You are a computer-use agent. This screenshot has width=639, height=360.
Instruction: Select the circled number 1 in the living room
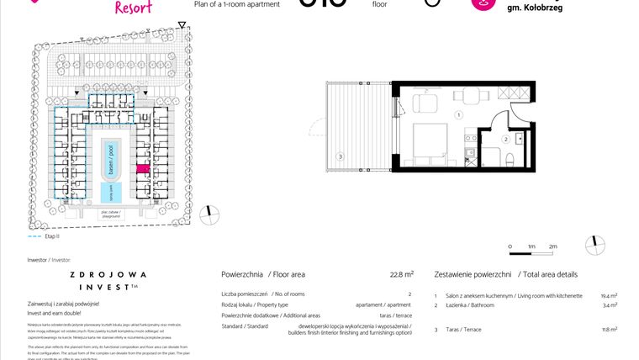click(458, 114)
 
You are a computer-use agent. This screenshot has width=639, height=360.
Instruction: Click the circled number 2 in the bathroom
click(506, 139)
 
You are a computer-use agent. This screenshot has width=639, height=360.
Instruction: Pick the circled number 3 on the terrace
click(340, 156)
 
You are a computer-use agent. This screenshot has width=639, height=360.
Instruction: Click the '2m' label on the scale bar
click(552, 246)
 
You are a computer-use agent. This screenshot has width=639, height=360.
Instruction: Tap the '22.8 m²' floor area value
click(401, 274)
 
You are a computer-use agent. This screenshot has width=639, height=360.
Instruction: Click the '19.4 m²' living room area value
click(609, 296)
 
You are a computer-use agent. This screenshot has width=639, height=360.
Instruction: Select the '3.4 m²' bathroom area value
click(610, 305)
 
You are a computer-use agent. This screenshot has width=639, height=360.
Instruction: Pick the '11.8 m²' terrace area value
click(609, 330)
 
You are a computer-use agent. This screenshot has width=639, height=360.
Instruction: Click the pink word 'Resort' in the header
click(132, 8)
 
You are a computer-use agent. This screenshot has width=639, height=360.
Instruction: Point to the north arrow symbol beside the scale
click(598, 243)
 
